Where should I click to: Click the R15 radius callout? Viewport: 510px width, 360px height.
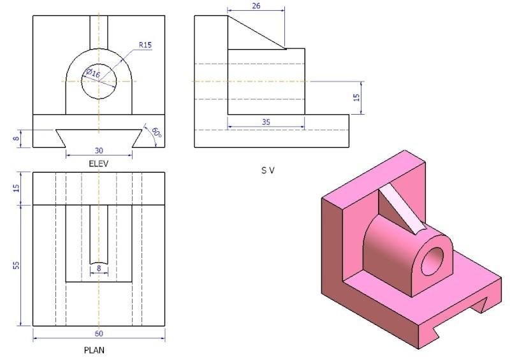[x=146, y=45]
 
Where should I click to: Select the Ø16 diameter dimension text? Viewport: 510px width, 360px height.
[x=93, y=73]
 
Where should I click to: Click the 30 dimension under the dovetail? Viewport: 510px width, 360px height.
[x=99, y=152]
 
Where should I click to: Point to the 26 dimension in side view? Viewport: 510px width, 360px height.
[x=256, y=6]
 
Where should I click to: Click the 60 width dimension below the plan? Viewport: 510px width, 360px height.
[x=99, y=334]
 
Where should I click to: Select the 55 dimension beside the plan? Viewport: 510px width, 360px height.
[x=17, y=264]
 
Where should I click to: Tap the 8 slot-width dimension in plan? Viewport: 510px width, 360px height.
[x=99, y=269]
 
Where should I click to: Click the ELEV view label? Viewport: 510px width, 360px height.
[x=99, y=164]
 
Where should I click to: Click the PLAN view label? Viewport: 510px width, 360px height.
[x=94, y=350]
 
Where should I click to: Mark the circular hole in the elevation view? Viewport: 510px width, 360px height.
[x=99, y=82]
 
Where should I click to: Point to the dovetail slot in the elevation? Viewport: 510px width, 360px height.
[x=99, y=136]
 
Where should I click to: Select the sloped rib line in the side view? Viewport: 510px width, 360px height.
[x=256, y=32]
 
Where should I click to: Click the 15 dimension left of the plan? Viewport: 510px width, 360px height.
[x=17, y=188]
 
